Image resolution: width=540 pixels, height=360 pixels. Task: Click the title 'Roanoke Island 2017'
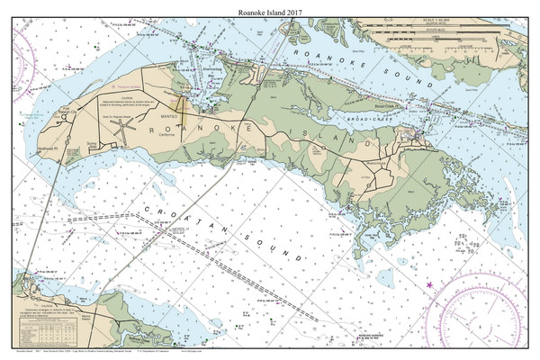[x=270, y=9]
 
